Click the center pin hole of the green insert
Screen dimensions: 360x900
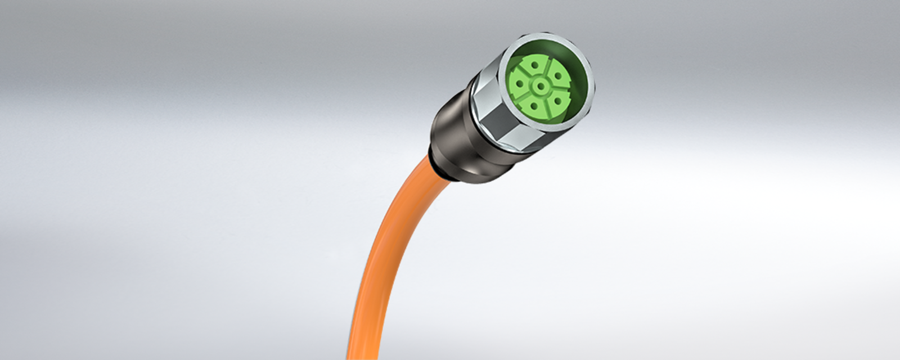click(541, 86)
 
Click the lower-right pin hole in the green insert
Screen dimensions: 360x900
click(559, 100)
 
